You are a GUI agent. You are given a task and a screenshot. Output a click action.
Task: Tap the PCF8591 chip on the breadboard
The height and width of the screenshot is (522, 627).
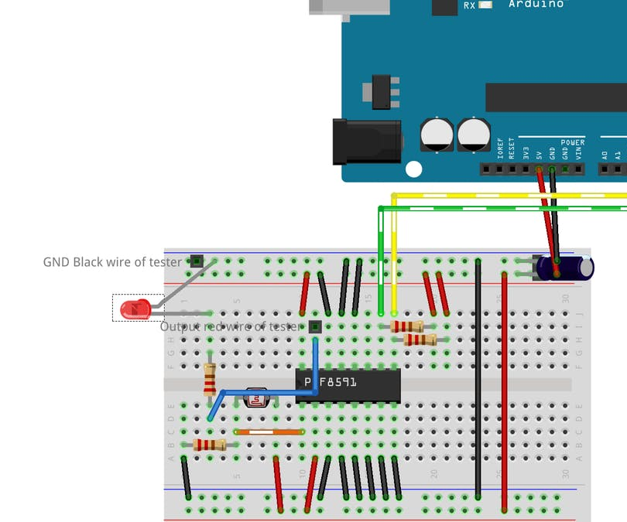348,384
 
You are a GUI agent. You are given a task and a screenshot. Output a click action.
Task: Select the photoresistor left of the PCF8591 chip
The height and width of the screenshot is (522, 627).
255,399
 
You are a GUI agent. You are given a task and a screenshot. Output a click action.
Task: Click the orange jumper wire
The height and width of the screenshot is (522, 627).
269,432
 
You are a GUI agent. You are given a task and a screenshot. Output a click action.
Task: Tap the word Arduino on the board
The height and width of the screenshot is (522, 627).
536,5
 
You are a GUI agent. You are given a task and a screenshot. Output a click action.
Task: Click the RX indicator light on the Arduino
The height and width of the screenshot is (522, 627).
485,5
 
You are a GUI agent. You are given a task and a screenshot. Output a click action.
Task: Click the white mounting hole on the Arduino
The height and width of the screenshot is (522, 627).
414,169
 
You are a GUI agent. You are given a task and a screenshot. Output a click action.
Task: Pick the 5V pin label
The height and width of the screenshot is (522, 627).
539,153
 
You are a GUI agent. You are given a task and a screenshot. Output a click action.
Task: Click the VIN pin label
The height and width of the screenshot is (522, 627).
578,152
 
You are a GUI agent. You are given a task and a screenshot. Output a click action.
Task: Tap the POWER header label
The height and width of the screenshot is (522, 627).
573,143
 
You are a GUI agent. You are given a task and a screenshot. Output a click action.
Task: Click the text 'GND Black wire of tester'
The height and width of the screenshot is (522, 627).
112,261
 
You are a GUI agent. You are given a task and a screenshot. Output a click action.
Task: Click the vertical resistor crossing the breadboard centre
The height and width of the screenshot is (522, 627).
210,380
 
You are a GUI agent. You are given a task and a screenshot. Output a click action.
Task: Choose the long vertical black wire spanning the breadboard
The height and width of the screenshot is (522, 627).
478,379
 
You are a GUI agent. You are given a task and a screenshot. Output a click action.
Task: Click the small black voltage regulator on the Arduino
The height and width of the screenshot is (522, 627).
382,91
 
